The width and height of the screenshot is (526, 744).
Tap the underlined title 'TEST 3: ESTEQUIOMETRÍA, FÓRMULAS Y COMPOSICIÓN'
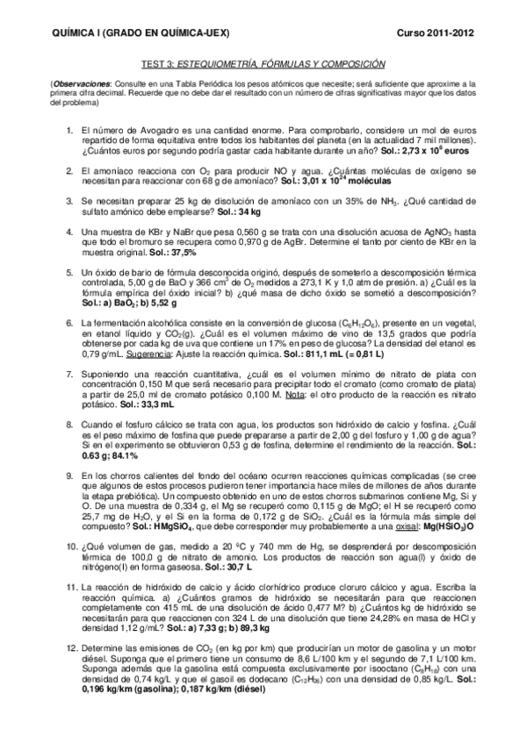[263, 64]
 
